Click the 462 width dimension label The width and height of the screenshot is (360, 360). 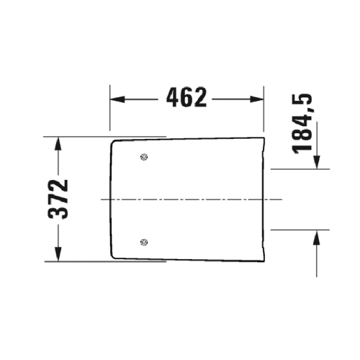(x=186, y=96)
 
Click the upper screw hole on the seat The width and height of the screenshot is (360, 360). (x=144, y=156)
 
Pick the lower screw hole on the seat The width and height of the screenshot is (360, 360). (x=144, y=242)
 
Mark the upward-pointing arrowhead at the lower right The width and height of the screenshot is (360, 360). (x=315, y=235)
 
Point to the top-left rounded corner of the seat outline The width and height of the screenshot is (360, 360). (x=113, y=143)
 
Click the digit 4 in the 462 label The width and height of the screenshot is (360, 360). (x=174, y=96)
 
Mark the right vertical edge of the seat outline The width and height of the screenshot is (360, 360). (x=265, y=198)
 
